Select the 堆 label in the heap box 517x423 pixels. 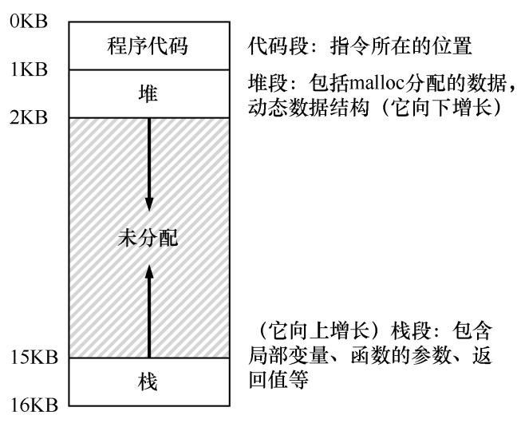pos(148,93)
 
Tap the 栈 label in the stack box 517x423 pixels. pos(148,382)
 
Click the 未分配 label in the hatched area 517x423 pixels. pos(148,238)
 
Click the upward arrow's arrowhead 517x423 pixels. pos(148,272)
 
